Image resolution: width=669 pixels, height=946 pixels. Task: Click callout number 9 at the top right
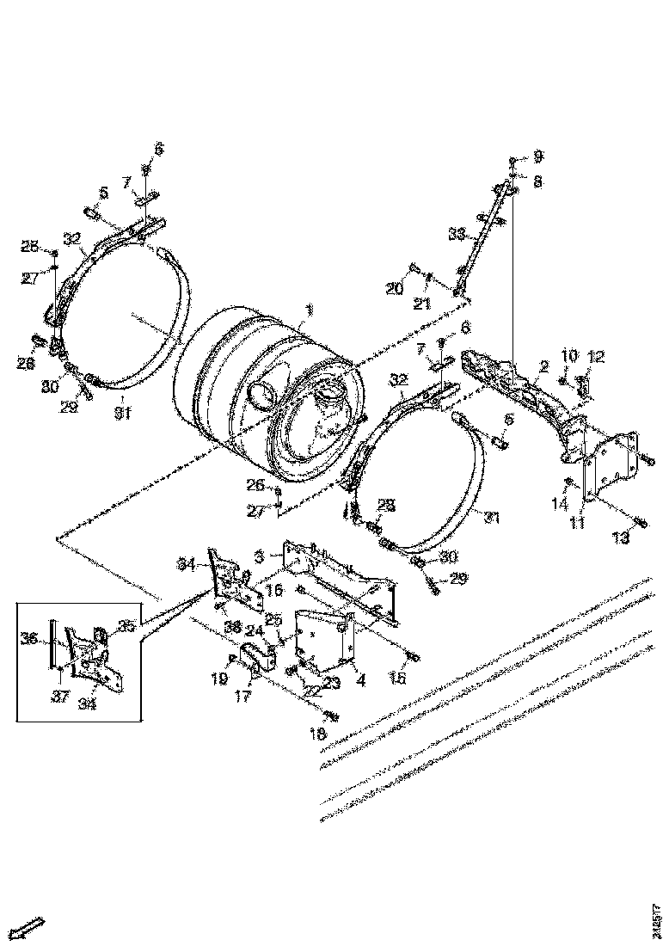click(538, 157)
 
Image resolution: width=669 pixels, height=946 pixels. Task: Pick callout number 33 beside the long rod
click(458, 234)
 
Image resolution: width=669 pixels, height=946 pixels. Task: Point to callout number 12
click(596, 355)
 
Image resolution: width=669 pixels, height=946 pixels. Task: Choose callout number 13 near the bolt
click(620, 538)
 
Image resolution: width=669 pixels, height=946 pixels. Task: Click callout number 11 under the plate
click(578, 521)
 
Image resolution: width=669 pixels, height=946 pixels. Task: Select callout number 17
click(243, 695)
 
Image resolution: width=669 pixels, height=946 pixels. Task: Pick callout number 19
click(219, 679)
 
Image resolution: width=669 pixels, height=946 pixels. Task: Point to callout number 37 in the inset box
click(58, 697)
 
